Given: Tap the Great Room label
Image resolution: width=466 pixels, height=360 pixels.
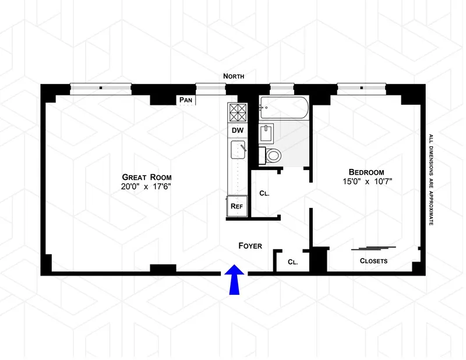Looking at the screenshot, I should click(x=147, y=177).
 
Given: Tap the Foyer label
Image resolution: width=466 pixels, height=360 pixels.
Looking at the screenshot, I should click(x=250, y=246).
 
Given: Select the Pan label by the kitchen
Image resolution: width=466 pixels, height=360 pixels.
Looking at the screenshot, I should click(x=186, y=100).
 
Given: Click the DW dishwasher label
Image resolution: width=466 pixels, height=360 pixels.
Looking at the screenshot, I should click(x=238, y=129).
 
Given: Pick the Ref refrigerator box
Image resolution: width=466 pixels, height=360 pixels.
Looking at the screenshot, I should click(x=236, y=206).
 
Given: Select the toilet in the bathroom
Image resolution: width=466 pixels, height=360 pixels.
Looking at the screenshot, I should click(x=273, y=155).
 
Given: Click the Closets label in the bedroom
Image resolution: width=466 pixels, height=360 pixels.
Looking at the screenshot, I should click(x=373, y=261).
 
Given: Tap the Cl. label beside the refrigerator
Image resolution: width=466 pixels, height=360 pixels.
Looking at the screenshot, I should click(x=263, y=193).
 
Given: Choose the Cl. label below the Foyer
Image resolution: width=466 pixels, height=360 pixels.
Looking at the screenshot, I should click(x=292, y=262).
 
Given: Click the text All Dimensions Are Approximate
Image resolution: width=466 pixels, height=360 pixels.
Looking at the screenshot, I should click(x=431, y=181).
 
